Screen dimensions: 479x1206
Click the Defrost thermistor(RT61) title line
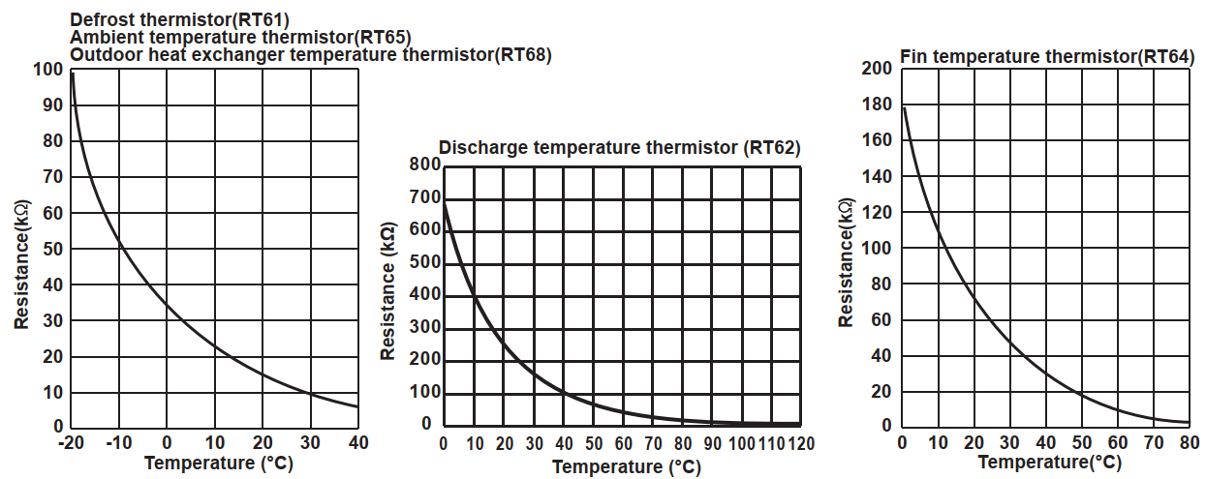pyautogui.click(x=179, y=18)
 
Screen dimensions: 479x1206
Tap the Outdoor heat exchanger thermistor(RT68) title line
pyautogui.click(x=311, y=55)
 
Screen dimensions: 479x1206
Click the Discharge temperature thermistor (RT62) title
pyautogui.click(x=620, y=147)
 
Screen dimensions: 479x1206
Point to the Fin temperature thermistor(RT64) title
pyautogui.click(x=1046, y=56)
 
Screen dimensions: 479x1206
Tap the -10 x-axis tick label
pyautogui.click(x=117, y=443)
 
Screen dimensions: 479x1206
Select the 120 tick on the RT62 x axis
pyautogui.click(x=800, y=444)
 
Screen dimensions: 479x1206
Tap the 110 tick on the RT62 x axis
pyautogui.click(x=771, y=444)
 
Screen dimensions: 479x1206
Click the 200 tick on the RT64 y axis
pyautogui.click(x=876, y=69)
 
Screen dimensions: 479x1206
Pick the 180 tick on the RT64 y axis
pyautogui.click(x=876, y=105)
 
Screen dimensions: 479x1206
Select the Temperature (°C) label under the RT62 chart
pyautogui.click(x=627, y=466)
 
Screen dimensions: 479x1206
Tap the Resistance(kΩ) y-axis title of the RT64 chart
pyautogui.click(x=846, y=261)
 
